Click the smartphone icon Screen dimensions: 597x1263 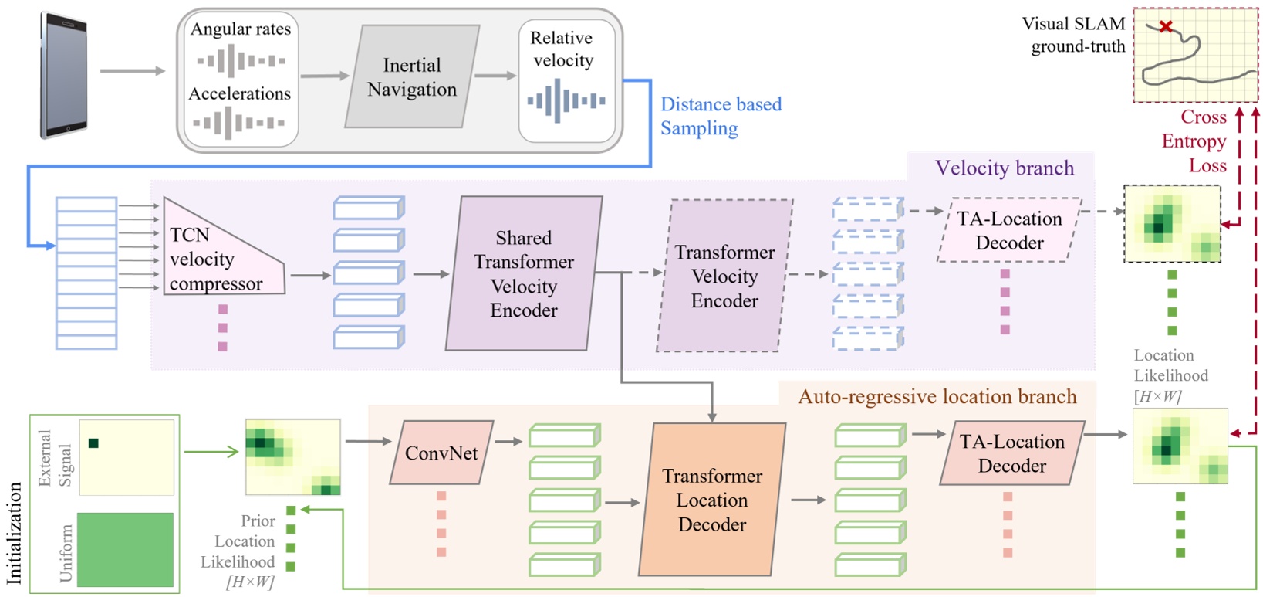tap(64, 76)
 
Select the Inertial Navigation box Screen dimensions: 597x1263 tap(412, 77)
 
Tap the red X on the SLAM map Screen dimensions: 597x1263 tap(1166, 27)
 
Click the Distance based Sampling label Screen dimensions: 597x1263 tap(721, 116)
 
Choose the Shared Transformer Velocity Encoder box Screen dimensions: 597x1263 tap(524, 273)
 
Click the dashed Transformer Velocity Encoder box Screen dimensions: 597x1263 tap(724, 276)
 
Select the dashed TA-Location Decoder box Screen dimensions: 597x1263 tap(1009, 230)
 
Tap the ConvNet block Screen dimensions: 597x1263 tap(441, 453)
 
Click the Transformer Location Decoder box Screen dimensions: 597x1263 tap(711, 500)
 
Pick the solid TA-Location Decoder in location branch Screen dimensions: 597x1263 tap(1011, 453)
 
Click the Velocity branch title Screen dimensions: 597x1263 tap(1004, 168)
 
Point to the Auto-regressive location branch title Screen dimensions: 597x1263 tap(937, 396)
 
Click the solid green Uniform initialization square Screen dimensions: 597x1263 tap(125, 549)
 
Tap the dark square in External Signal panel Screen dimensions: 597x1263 tap(93, 443)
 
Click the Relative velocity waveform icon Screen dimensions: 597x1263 tap(566, 100)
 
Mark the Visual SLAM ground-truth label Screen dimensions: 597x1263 tap(1074, 35)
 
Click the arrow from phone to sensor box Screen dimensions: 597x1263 tap(132, 71)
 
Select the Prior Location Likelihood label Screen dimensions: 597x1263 tap(240, 551)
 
